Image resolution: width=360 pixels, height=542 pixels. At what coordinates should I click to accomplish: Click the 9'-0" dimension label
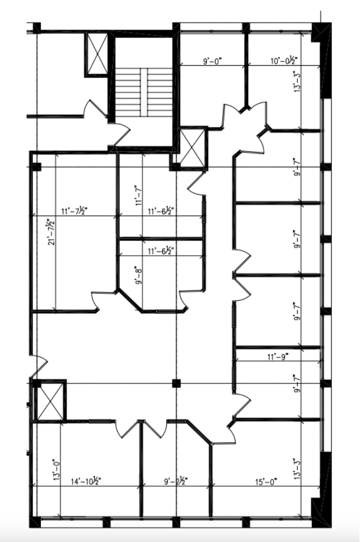click(x=212, y=61)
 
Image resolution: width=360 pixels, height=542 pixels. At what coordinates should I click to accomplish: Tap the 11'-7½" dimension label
click(x=75, y=211)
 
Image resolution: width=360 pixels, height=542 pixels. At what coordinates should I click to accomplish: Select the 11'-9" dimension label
click(x=278, y=357)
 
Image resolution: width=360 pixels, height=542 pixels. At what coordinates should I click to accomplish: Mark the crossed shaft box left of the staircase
click(x=96, y=54)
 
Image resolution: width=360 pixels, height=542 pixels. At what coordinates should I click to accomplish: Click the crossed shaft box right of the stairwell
click(x=192, y=148)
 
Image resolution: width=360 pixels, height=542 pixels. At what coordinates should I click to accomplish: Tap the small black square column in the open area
click(x=177, y=383)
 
